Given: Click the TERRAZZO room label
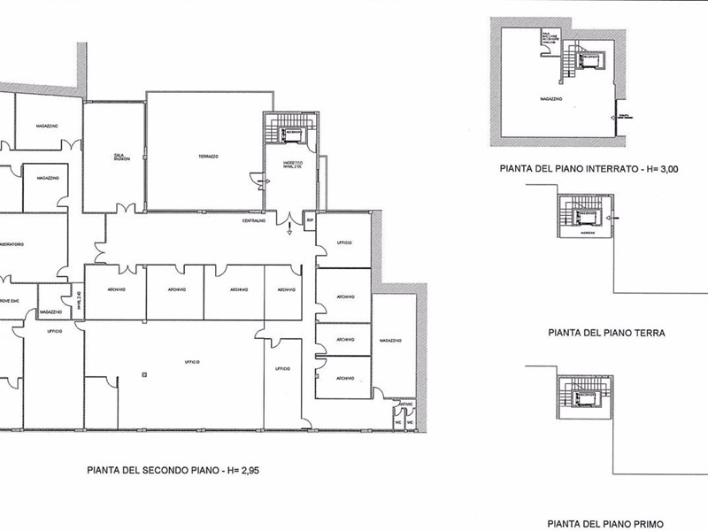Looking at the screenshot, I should (208, 156).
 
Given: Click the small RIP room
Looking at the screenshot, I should (310, 220).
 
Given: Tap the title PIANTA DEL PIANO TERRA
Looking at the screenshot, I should (606, 334).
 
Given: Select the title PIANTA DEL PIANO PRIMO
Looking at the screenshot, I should (604, 524).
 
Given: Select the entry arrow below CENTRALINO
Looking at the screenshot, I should (290, 233).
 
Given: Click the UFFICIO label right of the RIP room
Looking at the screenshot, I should (344, 242).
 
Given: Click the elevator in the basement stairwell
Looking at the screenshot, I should (585, 60).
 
